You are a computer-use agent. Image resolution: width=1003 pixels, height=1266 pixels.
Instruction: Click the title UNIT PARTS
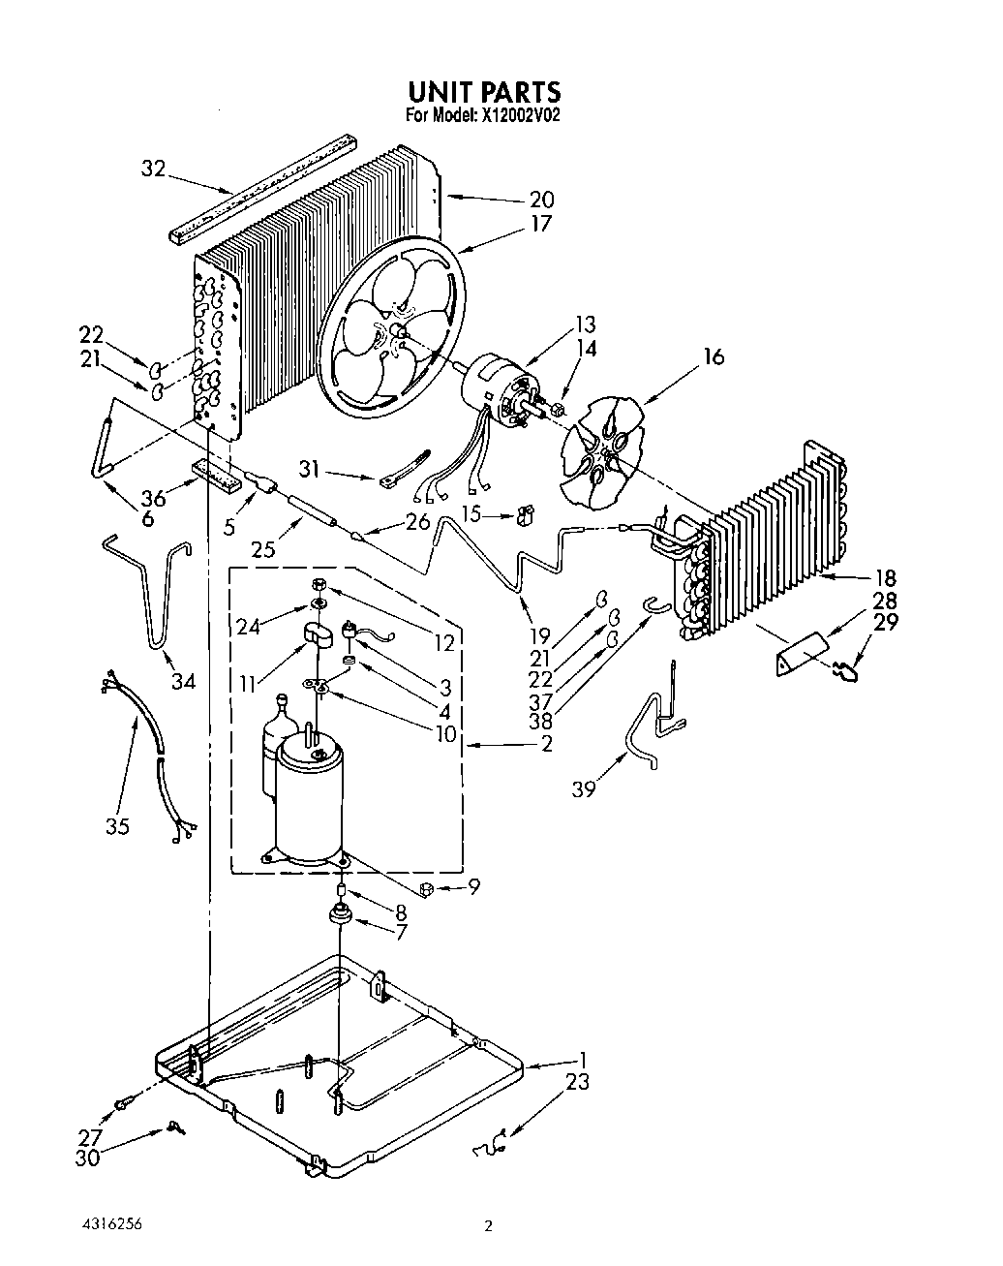[483, 91]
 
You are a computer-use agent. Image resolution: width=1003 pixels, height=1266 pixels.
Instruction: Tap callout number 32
[154, 168]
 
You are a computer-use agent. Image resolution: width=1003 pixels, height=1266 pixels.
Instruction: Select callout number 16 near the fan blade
[714, 357]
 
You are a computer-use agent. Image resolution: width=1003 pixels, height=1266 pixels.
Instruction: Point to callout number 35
[118, 825]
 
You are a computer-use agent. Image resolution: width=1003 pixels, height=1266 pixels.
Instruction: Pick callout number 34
[183, 682]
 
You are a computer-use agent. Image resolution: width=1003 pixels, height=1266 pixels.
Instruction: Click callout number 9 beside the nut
[473, 885]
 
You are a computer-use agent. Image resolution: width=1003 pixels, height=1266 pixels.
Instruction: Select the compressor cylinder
[309, 794]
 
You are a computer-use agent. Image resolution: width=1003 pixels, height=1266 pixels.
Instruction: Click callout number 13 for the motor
[585, 324]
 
